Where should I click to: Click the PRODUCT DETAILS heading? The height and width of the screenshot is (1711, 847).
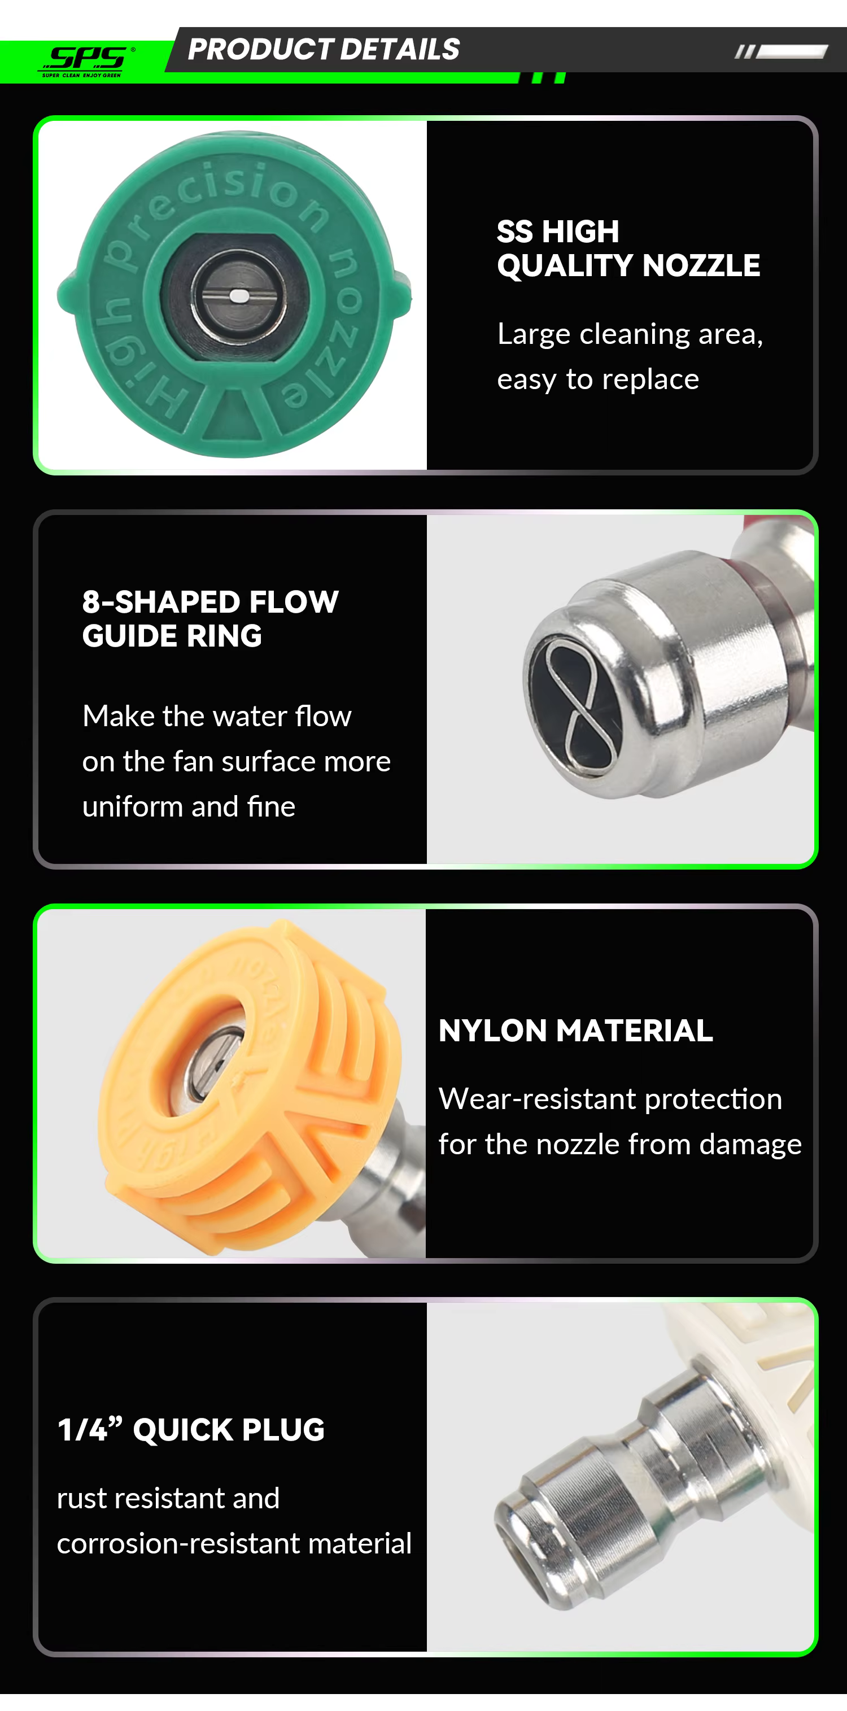click(324, 49)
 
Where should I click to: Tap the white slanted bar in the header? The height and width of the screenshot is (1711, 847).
click(791, 52)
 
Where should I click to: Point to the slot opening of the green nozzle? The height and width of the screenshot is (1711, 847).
click(235, 296)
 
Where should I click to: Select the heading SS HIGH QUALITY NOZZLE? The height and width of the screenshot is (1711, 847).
click(628, 248)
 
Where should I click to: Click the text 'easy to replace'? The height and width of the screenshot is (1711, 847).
click(598, 379)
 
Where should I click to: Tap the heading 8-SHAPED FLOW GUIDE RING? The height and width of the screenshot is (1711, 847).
click(210, 618)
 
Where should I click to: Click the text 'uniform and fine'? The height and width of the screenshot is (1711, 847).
click(189, 806)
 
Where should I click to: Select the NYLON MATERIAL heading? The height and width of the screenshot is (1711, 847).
click(575, 1030)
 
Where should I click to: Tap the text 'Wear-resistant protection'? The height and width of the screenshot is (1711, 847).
click(610, 1099)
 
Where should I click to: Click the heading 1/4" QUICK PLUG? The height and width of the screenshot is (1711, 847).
click(191, 1429)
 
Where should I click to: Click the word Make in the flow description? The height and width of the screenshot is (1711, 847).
click(118, 716)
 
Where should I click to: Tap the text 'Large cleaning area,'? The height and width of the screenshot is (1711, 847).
click(630, 334)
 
